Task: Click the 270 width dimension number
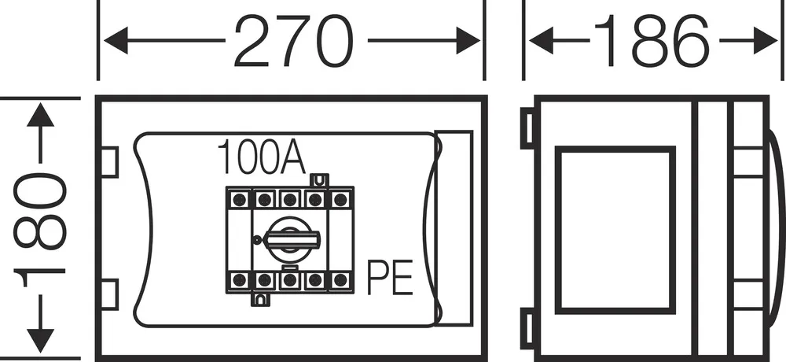(294, 41)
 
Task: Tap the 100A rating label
(261, 157)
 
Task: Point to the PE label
(390, 277)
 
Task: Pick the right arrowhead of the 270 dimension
(468, 41)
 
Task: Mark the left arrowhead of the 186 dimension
(542, 41)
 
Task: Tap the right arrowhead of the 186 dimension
(766, 41)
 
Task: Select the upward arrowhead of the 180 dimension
(40, 114)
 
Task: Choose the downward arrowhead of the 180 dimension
(40, 341)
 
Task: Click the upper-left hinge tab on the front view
(110, 162)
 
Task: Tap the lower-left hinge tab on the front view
(110, 295)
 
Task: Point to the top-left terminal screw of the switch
(239, 199)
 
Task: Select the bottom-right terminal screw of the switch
(340, 279)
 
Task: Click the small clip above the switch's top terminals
(319, 180)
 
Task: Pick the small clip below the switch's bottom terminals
(259, 300)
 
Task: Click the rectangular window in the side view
(615, 230)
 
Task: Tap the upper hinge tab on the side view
(528, 128)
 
